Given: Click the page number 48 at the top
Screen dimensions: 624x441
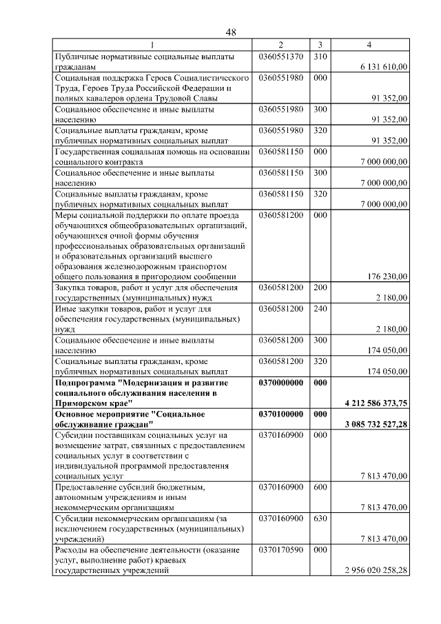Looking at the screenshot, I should pyautogui.click(x=231, y=32).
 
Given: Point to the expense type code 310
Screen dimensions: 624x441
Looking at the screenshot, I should pyautogui.click(x=319, y=56).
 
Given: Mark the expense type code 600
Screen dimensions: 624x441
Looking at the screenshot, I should pyautogui.click(x=319, y=487).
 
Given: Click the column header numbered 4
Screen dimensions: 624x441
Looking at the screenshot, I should pyautogui.click(x=370, y=46).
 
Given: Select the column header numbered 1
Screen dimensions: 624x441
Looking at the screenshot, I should pyautogui.click(x=152, y=46).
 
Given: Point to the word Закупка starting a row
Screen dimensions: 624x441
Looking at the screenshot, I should pyautogui.click(x=72, y=287).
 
